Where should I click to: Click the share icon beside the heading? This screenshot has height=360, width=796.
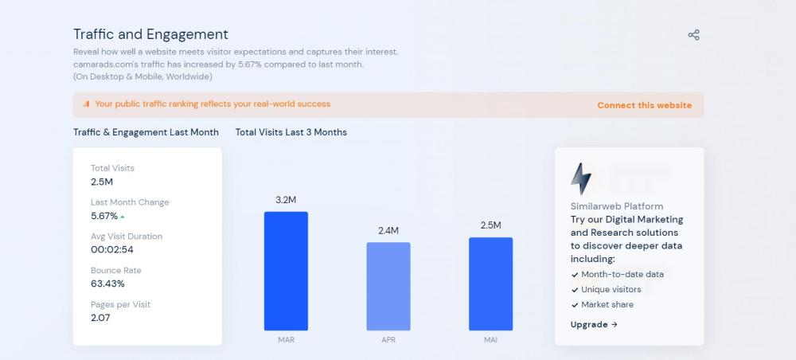click(x=693, y=35)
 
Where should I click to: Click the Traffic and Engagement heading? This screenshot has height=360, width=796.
click(x=150, y=34)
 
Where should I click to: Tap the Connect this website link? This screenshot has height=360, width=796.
click(x=644, y=105)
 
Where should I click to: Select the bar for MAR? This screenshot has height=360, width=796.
click(x=286, y=271)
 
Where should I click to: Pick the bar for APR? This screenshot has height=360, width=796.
click(x=388, y=286)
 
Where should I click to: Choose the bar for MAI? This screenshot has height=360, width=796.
click(x=490, y=284)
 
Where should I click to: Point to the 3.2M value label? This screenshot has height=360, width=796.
click(x=286, y=200)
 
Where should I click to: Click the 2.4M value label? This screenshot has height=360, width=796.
click(x=388, y=231)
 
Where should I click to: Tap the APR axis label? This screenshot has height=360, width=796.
click(x=388, y=339)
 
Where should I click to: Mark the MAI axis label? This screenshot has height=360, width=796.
click(x=490, y=339)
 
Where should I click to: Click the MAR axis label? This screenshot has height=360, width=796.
click(x=286, y=339)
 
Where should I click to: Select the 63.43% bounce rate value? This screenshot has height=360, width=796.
click(x=107, y=284)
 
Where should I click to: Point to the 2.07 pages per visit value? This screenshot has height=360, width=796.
click(x=100, y=318)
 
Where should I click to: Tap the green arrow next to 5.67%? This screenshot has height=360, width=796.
click(x=123, y=217)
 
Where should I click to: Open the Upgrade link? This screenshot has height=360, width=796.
click(x=594, y=324)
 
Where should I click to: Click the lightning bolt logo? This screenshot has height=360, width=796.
click(x=581, y=178)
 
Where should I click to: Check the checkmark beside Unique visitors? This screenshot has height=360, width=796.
click(x=575, y=290)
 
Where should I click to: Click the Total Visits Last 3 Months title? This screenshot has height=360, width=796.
click(x=291, y=132)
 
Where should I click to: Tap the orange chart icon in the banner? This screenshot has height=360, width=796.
click(x=86, y=104)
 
